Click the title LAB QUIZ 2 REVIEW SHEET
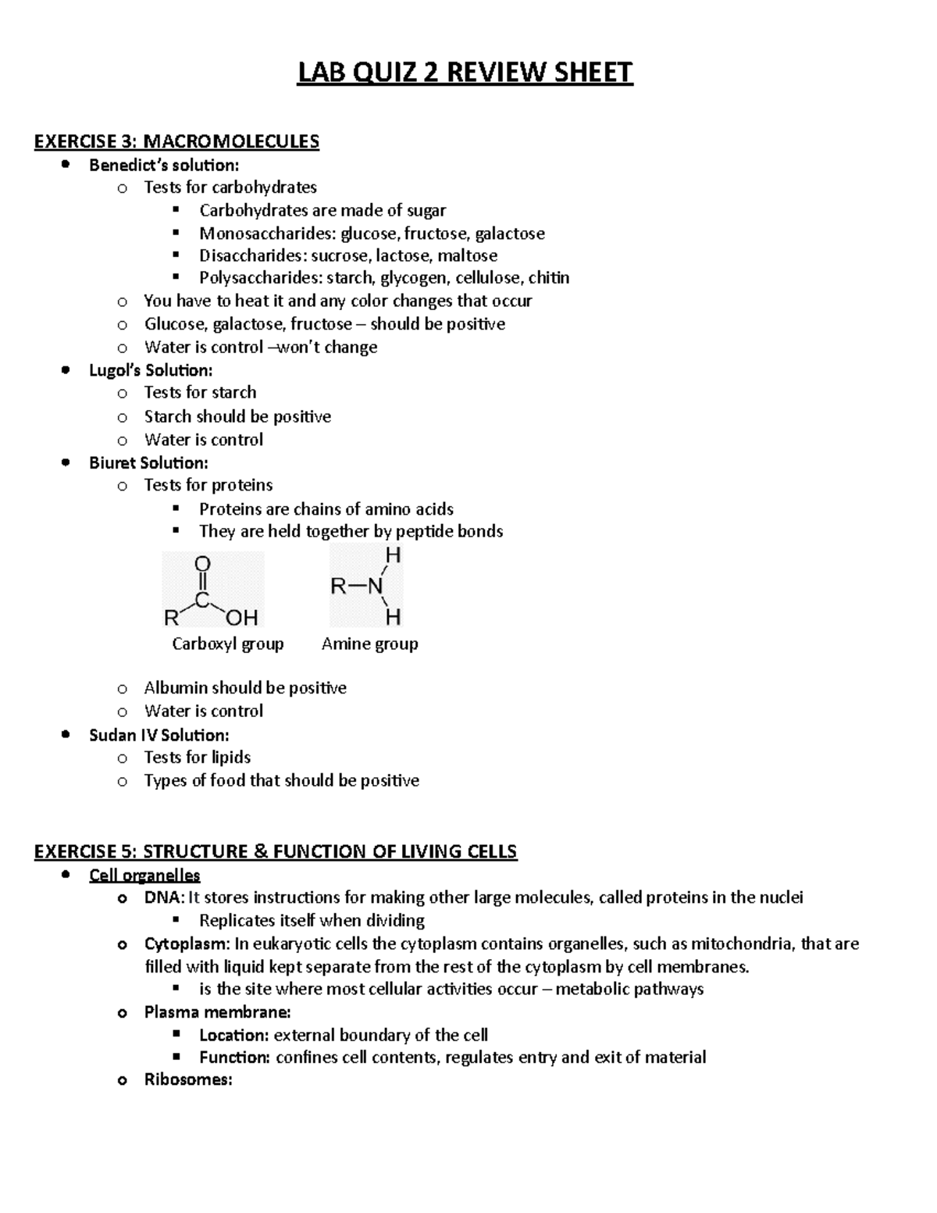coord(465,73)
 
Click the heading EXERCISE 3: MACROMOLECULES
coord(176,141)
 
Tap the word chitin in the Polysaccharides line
coord(548,278)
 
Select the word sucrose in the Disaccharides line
coord(339,255)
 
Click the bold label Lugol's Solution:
coord(151,370)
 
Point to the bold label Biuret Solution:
coord(148,462)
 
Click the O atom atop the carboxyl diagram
coord(202,564)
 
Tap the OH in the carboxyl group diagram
coord(242,618)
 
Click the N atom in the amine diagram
coord(376,587)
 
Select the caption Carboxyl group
coord(227,644)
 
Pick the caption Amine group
coord(369,644)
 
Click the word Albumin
coord(176,688)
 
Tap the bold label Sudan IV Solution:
coord(159,735)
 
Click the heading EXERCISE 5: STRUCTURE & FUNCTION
coord(276,851)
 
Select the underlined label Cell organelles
coord(144,875)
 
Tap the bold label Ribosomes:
coord(188,1080)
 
